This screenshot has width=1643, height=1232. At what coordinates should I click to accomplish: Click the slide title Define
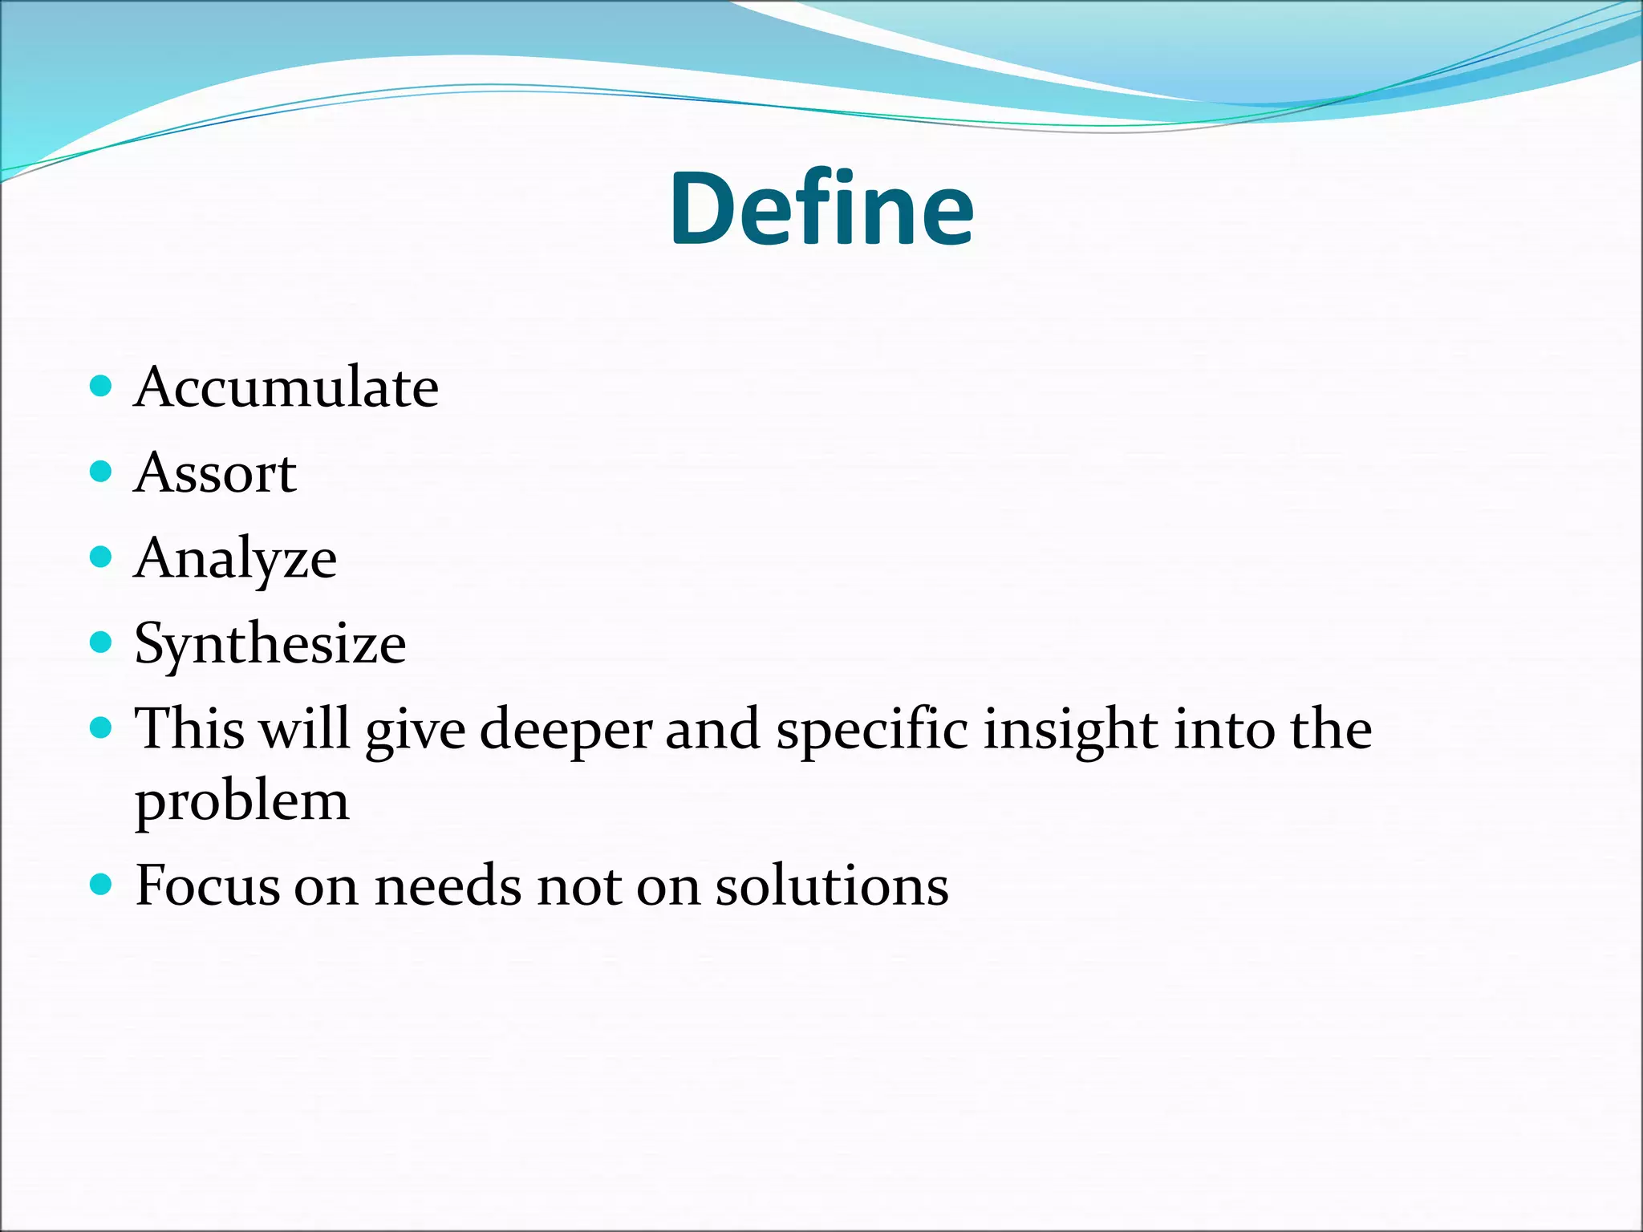coord(821,210)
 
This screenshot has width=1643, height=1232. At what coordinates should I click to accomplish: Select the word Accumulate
coord(286,388)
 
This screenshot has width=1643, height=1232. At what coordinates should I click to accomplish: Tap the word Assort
coord(215,473)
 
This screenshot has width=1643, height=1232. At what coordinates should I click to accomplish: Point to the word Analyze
coord(236,559)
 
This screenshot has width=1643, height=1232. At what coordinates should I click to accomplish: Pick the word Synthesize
coord(270,644)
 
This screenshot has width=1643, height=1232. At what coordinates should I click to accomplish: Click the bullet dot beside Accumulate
coord(100,387)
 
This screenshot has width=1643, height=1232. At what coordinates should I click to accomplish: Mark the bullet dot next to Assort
coord(100,471)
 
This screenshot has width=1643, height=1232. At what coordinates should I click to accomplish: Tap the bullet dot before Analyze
coord(100,557)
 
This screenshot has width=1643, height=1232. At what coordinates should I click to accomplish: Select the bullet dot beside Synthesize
coord(100,642)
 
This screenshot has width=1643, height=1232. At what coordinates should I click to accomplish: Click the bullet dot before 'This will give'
coord(100,727)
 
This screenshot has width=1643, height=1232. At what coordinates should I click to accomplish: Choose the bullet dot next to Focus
coord(100,885)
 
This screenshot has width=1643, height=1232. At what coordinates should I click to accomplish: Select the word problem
coord(241,802)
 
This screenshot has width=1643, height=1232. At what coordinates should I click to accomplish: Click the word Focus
coord(208,886)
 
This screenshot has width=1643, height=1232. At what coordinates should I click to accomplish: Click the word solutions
coord(832,886)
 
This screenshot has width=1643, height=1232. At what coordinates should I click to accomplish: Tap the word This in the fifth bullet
coord(189,730)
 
